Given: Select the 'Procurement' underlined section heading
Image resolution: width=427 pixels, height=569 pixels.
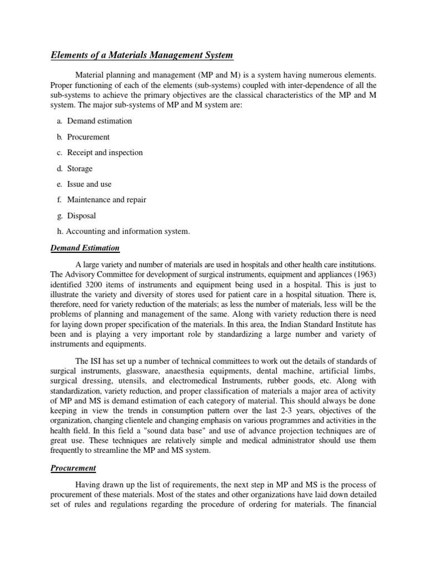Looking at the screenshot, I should (x=73, y=468).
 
